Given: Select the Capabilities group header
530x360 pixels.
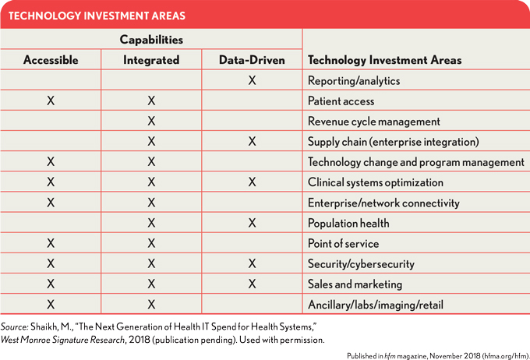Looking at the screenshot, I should click(x=151, y=39).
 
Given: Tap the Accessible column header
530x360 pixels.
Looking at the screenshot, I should click(x=51, y=60).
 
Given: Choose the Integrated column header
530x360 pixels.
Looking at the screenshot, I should click(x=151, y=60).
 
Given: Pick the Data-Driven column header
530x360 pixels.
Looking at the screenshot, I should click(x=252, y=60).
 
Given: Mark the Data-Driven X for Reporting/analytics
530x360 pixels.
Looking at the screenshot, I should click(x=252, y=80).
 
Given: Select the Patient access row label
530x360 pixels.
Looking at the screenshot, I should click(x=341, y=101).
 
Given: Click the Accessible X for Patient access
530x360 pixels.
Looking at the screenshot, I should click(x=51, y=101).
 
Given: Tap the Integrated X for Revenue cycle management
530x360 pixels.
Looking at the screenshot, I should click(x=151, y=121).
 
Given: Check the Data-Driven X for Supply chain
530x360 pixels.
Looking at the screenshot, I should click(x=252, y=142).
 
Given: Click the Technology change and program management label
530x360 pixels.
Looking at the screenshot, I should click(x=415, y=162).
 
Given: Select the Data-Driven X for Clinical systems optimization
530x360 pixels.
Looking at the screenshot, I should click(x=252, y=182).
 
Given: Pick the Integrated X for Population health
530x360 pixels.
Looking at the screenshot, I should click(x=151, y=223).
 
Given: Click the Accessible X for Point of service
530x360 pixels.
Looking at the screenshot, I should click(x=51, y=243).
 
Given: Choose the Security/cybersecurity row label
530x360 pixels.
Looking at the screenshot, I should click(x=360, y=264).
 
